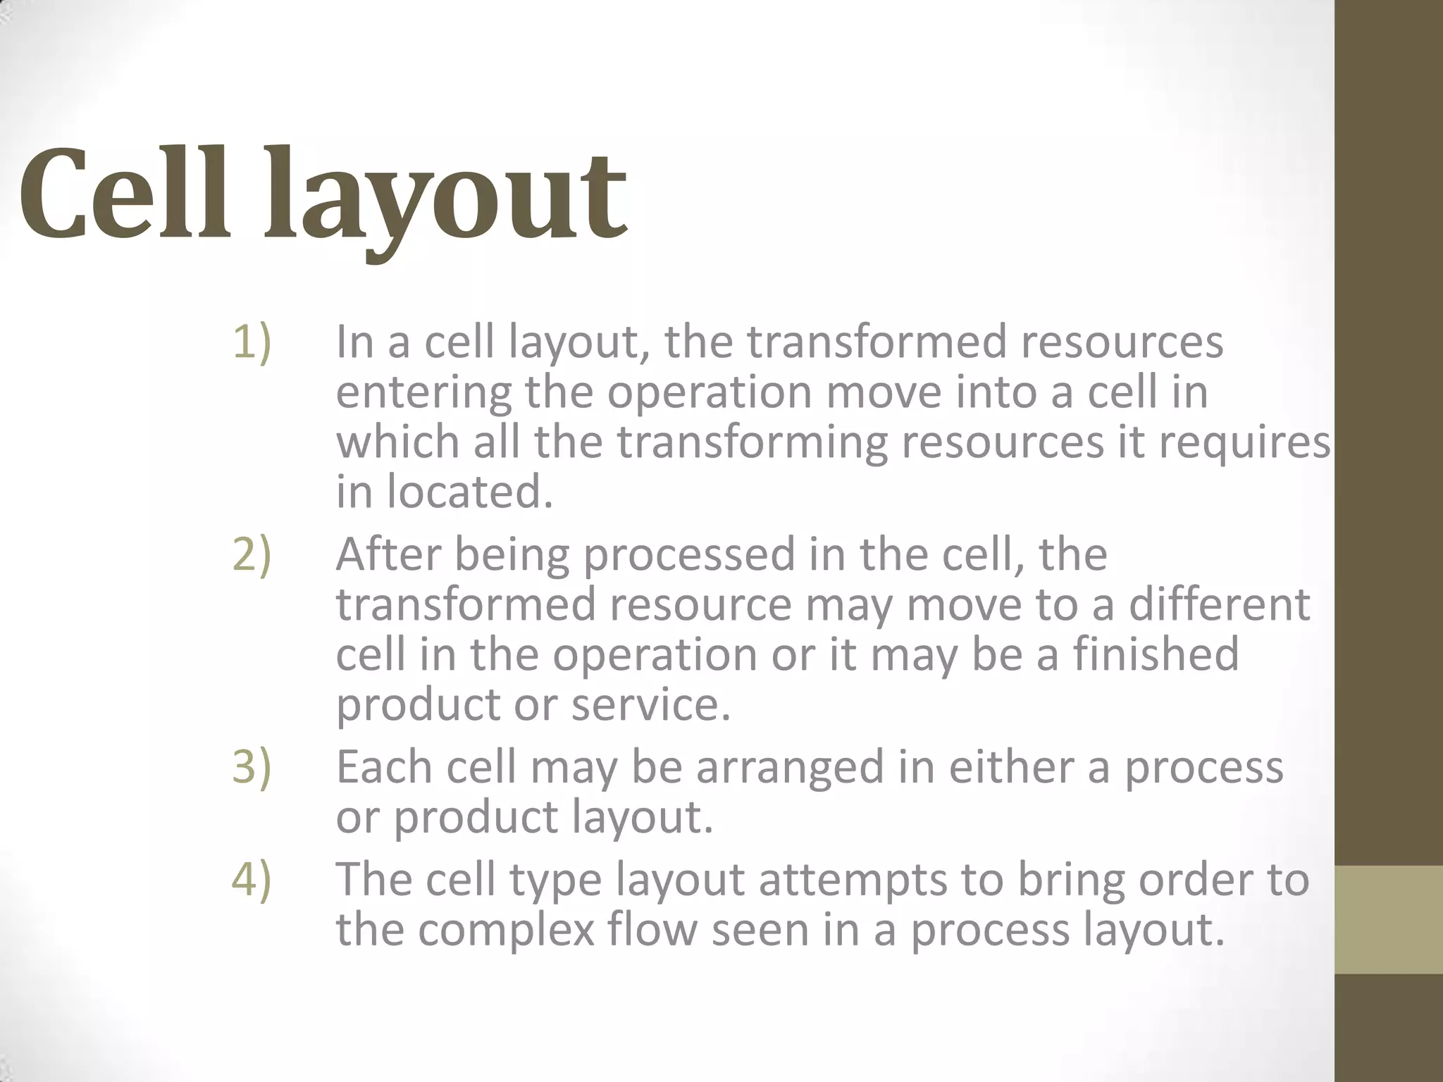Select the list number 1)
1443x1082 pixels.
pos(252,342)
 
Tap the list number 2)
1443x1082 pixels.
pos(252,555)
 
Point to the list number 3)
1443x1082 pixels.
pos(252,767)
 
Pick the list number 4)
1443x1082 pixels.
pos(252,880)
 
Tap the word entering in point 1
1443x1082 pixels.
pos(423,393)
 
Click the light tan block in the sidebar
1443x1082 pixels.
pos(1389,920)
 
